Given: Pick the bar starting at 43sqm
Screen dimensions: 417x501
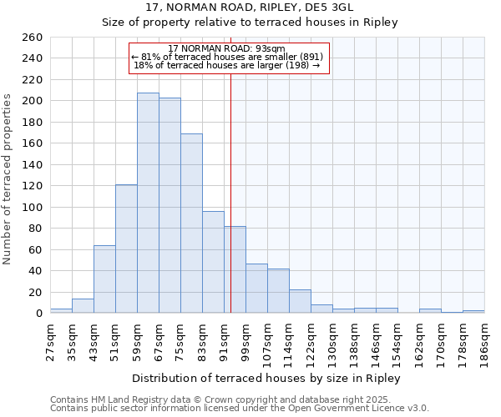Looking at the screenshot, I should [104, 279].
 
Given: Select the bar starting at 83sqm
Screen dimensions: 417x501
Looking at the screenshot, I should [213, 262].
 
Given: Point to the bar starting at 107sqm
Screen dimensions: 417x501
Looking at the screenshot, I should [278, 291].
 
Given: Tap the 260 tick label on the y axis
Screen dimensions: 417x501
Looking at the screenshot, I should [32, 38].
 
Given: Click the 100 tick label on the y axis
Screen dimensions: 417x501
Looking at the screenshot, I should [32, 208].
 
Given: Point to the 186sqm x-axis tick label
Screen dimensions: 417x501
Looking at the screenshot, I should [484, 342].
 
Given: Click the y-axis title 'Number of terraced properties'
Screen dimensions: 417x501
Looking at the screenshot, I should [8, 178].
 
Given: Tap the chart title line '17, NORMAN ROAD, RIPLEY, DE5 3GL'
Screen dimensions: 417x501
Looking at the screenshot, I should [250, 8].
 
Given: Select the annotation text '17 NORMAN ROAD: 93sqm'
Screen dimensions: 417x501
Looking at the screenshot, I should [226, 48].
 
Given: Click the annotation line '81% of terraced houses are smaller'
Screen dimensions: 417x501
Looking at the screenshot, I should [226, 57].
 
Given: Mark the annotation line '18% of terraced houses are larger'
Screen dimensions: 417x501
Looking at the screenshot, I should [226, 65].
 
